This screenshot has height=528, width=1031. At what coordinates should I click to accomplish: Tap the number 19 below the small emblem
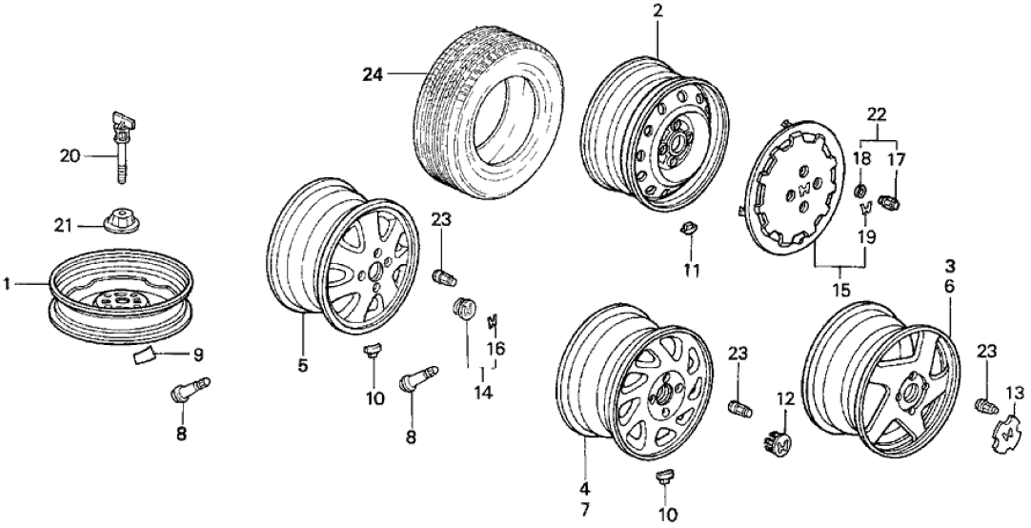(864, 236)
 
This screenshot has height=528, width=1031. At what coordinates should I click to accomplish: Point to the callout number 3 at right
(949, 265)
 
